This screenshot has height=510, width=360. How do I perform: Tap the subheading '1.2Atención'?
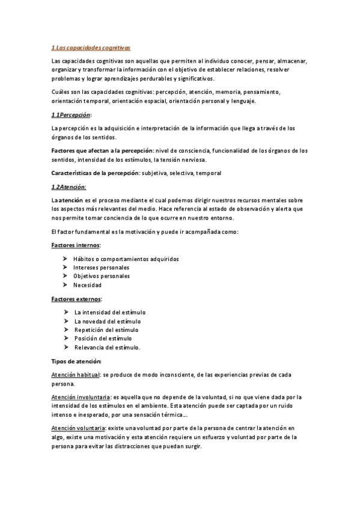point(69,186)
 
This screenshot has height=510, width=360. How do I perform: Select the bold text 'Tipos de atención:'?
point(77,361)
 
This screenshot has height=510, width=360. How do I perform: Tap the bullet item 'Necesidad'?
point(88,285)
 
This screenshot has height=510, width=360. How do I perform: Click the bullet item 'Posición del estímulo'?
point(103,339)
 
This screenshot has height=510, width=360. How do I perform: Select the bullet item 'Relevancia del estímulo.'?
point(107,348)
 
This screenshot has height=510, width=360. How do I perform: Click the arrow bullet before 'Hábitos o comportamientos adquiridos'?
point(65,259)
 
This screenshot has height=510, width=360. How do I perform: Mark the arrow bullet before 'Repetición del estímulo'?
point(65,330)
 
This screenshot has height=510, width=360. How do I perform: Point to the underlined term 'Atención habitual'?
point(76,375)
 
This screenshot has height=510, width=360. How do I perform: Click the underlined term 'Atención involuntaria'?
point(81,397)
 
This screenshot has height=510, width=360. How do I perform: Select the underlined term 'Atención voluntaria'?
point(78,428)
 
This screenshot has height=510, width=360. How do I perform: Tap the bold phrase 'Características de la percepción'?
point(94,173)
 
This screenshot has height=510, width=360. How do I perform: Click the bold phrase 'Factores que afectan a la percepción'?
point(102,150)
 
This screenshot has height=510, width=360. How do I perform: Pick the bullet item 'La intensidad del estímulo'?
point(110,312)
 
